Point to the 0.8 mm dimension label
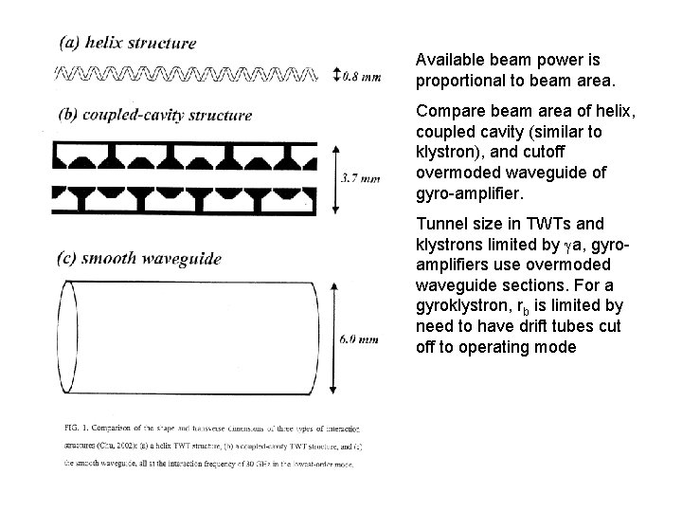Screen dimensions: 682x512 (x=363, y=76)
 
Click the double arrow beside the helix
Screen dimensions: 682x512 (x=338, y=75)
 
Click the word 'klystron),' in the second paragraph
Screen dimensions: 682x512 (x=446, y=152)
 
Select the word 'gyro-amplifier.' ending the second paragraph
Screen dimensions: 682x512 (x=468, y=192)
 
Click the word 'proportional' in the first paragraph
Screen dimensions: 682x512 (x=458, y=79)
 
